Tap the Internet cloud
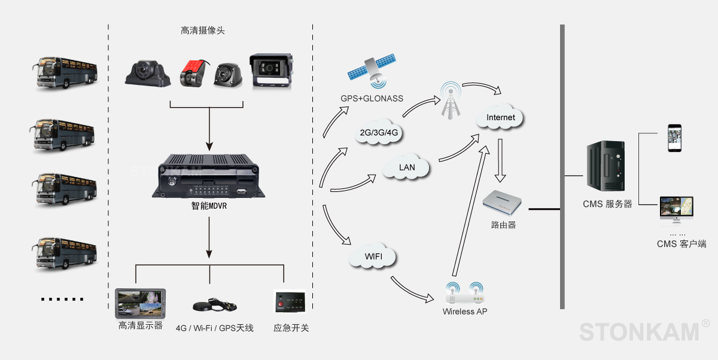501,117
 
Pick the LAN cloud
407,167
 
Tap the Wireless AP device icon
465,293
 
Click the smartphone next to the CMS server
674,139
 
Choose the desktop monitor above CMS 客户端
676,210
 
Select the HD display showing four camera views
141,303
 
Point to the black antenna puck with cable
213,306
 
